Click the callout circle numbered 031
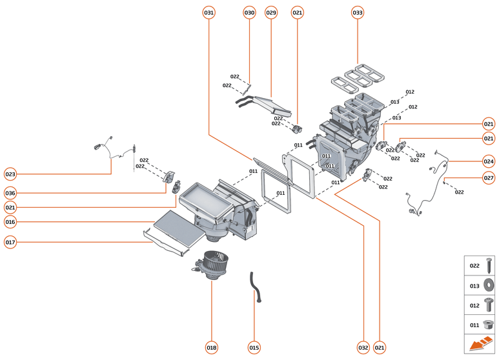pos(209,13)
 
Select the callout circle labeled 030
pos(250,13)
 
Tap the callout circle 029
pos(271,13)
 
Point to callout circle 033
pos(358,13)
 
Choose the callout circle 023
pos(10,174)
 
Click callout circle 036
pos(10,193)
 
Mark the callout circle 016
pos(10,222)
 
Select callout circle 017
pos(10,243)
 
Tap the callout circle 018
pos(212,347)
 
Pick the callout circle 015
pos(254,347)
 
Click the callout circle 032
pos(363,347)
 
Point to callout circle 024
pos(489,161)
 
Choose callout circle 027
pos(489,178)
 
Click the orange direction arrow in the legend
pos(480,345)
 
